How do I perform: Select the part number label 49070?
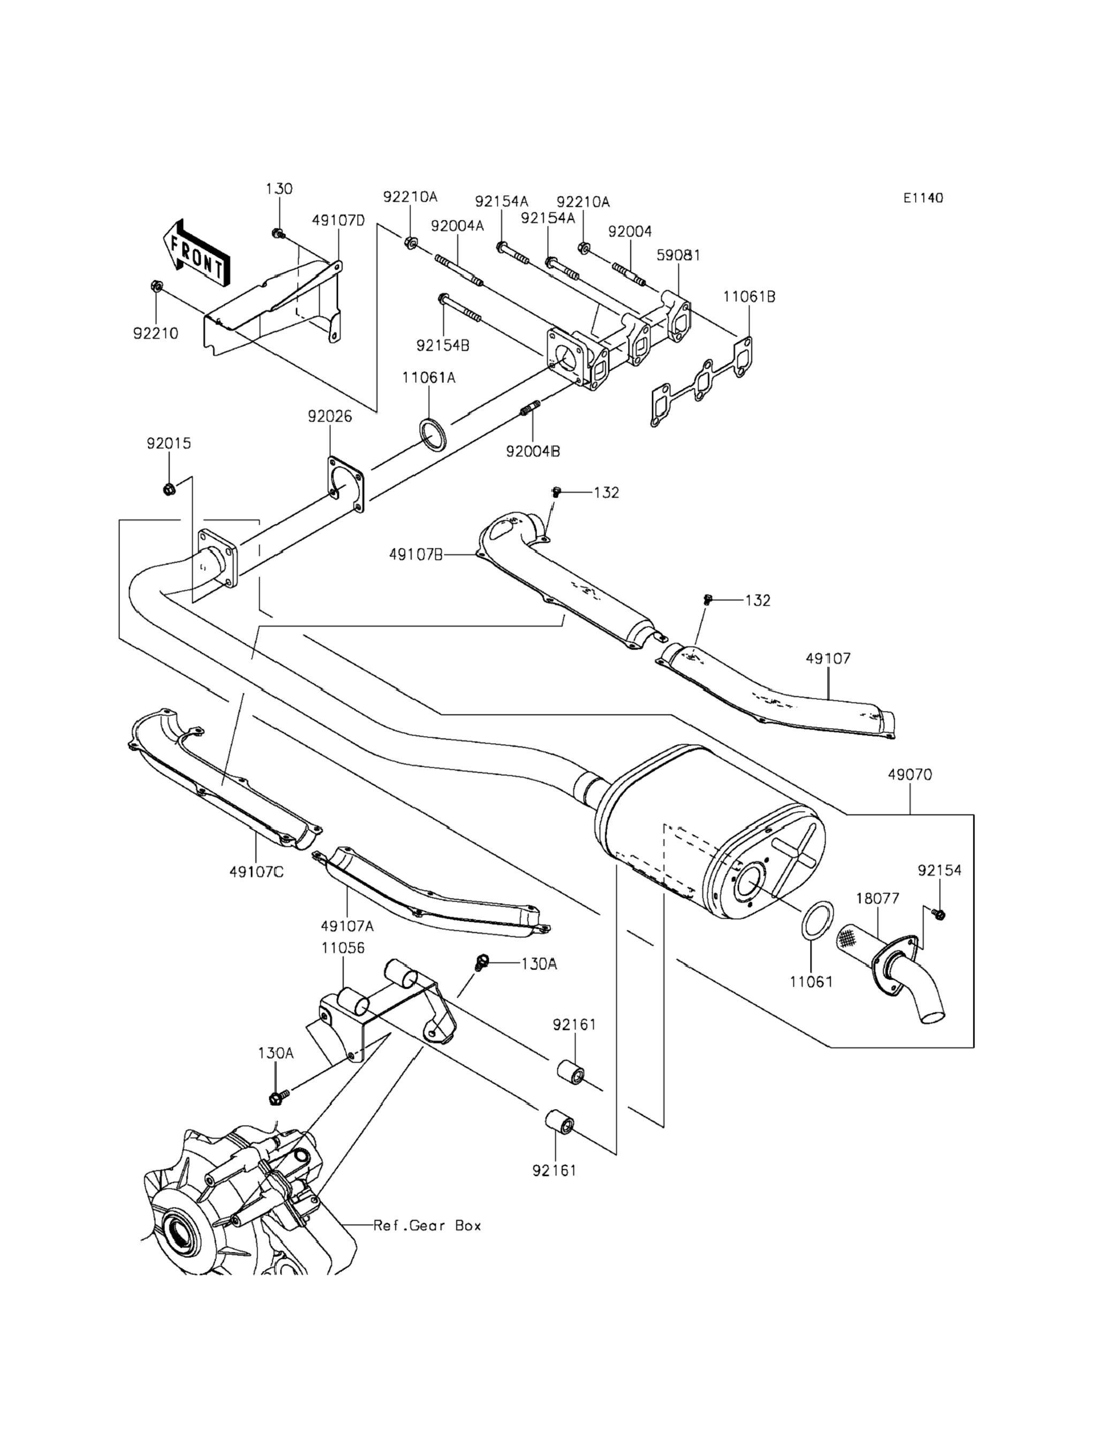910,775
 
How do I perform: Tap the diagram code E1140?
922,197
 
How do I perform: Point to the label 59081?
679,255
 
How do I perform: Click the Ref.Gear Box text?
427,1225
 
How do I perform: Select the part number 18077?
878,898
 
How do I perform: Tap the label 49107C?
257,872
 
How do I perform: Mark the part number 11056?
343,948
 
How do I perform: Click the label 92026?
330,416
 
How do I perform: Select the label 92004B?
533,452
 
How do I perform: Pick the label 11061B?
749,297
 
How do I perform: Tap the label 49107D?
338,220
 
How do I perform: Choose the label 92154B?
443,346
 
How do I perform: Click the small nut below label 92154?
940,915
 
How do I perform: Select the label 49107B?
415,555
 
